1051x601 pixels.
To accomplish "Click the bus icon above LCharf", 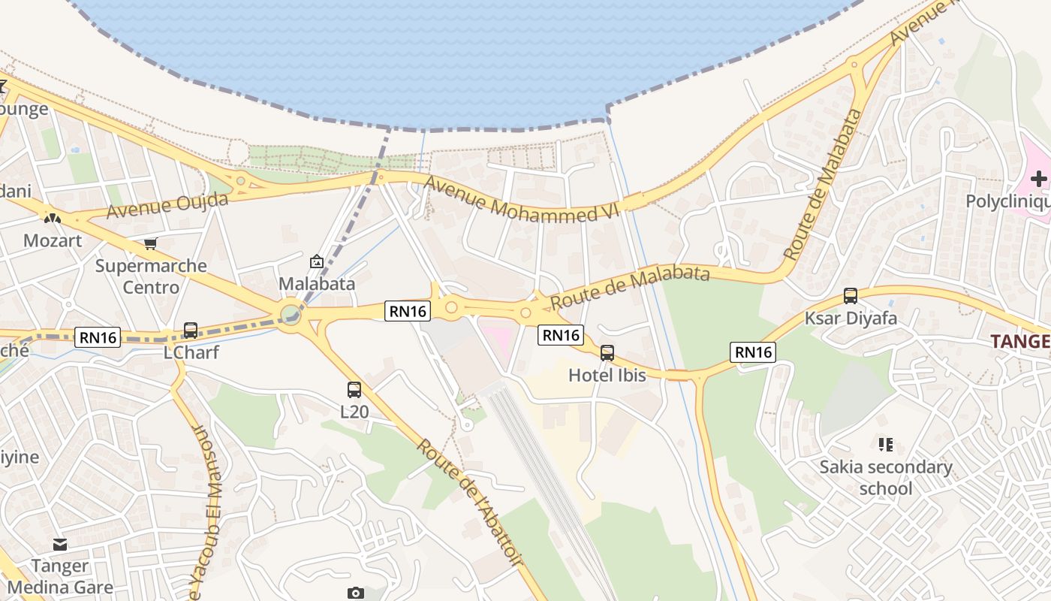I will [x=191, y=331].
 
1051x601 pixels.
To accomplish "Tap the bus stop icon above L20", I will [x=354, y=390].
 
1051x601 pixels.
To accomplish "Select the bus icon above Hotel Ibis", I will [x=607, y=352].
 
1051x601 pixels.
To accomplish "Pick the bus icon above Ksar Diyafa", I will [x=851, y=296].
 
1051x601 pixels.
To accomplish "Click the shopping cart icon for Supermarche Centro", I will [x=151, y=243].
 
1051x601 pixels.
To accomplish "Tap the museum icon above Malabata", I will [x=317, y=262].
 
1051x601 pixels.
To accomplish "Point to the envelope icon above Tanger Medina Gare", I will [x=60, y=544].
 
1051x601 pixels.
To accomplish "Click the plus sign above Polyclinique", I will [x=1039, y=179].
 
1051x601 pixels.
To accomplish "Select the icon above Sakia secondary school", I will [x=886, y=445].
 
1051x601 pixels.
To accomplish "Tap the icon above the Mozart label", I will [x=52, y=219].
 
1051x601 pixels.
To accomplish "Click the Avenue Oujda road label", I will [x=167, y=204].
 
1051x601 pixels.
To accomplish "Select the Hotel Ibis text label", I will [x=607, y=374].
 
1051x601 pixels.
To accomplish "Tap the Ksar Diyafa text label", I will [x=851, y=318].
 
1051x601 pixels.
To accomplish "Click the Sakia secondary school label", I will [x=886, y=478].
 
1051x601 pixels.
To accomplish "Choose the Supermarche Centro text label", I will [x=151, y=276].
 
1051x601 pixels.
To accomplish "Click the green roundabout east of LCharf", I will [x=291, y=315].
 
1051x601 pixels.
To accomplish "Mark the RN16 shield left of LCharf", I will [x=98, y=337].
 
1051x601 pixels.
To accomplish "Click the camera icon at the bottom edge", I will [x=356, y=593].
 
